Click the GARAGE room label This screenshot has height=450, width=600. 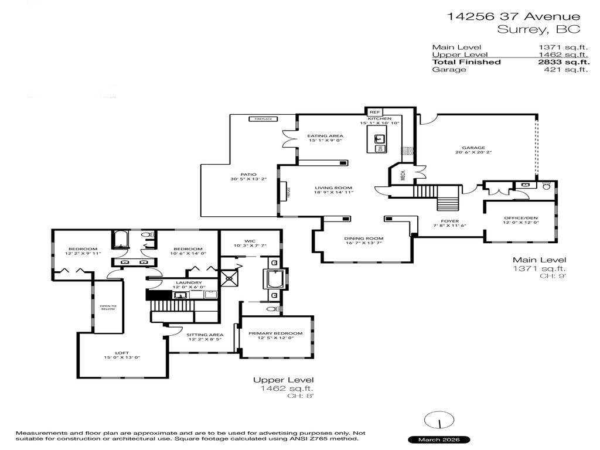pos(475,148)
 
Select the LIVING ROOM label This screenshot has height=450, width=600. pos(333,187)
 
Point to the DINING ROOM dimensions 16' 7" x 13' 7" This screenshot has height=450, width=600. pos(363,244)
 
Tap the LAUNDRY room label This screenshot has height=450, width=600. pos(189,283)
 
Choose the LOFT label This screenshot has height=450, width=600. pos(122,353)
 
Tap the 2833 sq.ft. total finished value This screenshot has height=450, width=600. pos(564,62)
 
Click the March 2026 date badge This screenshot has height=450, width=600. pos(439,439)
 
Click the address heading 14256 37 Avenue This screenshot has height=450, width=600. pos(514,17)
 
